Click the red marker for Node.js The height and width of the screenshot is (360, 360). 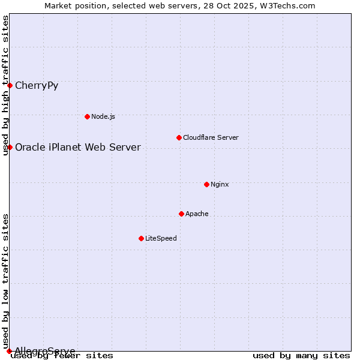(87, 116)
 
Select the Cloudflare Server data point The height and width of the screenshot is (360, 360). (179, 137)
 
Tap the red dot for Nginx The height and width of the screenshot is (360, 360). (206, 184)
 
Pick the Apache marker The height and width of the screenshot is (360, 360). (181, 214)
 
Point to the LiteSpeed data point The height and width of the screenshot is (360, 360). (141, 238)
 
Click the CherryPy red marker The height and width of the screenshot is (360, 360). (10, 85)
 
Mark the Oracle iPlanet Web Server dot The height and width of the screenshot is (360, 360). (10, 147)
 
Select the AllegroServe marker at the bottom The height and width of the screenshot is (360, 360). (9, 351)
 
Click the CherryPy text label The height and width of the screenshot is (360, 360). (37, 85)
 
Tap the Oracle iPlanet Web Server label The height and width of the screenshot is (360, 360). (78, 148)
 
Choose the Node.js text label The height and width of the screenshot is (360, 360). (103, 116)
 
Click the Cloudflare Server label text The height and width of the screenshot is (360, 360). (211, 137)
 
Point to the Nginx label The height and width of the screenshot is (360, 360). (220, 184)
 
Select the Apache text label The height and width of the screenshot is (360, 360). (197, 214)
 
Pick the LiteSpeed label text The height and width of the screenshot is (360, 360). (161, 238)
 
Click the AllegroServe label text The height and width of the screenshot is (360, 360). (45, 351)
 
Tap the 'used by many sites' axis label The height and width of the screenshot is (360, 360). (301, 356)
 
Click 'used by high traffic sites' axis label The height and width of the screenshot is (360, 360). (6, 85)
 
